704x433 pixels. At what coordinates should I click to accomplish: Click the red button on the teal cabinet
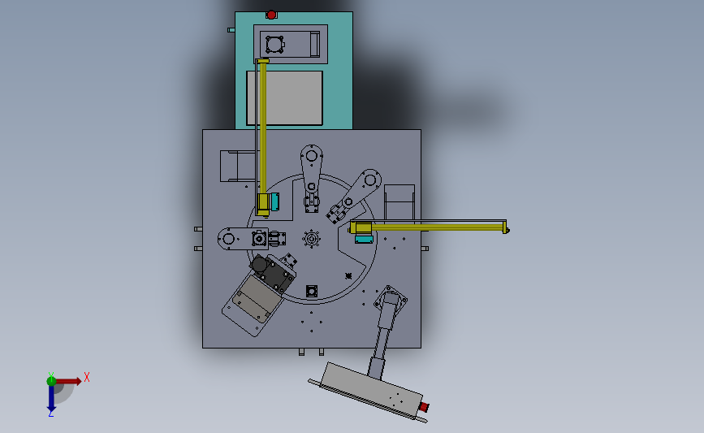[271, 14]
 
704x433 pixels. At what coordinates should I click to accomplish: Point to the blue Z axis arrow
[51, 399]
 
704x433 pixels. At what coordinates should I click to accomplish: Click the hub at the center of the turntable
[310, 239]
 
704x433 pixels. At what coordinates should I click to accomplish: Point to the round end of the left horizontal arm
[228, 239]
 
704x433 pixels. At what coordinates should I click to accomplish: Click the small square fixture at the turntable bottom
[311, 291]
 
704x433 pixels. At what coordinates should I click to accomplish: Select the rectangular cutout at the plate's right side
[399, 201]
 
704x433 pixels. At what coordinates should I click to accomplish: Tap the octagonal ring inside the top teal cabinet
[274, 44]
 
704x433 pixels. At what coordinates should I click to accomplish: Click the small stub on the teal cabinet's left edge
[231, 30]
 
